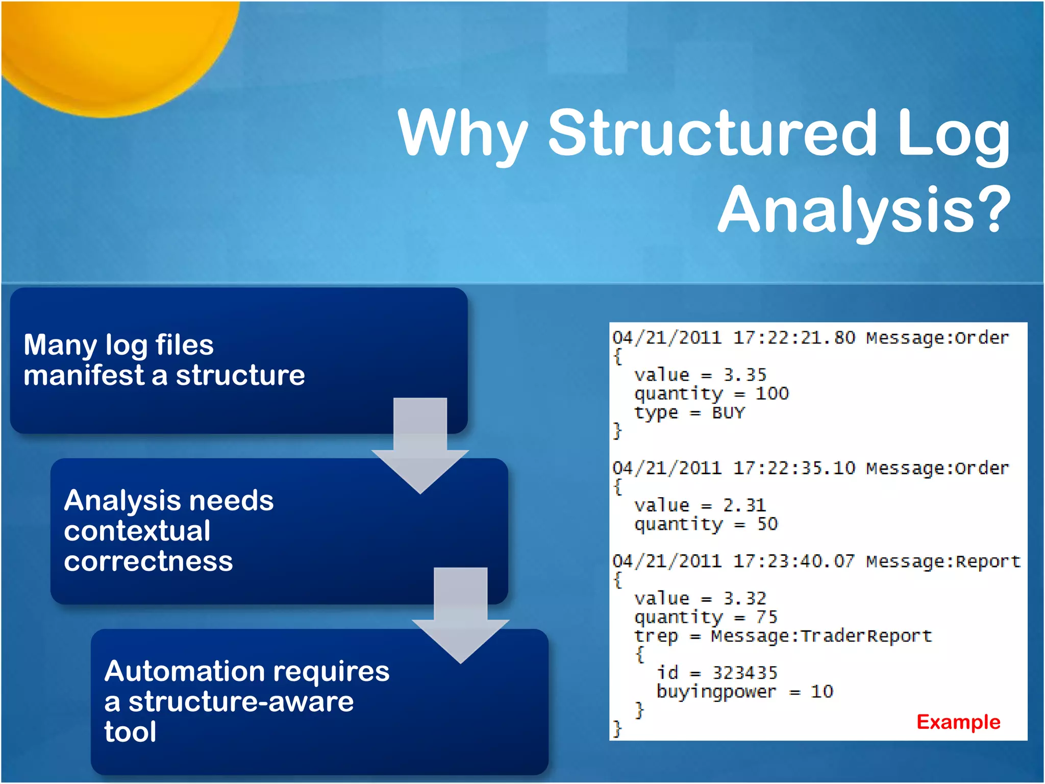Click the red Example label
(x=958, y=722)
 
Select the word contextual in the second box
(x=137, y=531)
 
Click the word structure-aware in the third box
(x=241, y=701)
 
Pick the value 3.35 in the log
(x=744, y=375)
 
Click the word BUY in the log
(x=728, y=412)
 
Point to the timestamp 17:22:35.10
(x=793, y=468)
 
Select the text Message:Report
(x=943, y=561)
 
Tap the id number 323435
(x=744, y=673)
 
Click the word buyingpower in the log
(x=715, y=692)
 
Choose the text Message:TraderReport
(x=821, y=636)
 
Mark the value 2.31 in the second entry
(x=744, y=505)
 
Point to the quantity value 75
(x=766, y=617)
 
